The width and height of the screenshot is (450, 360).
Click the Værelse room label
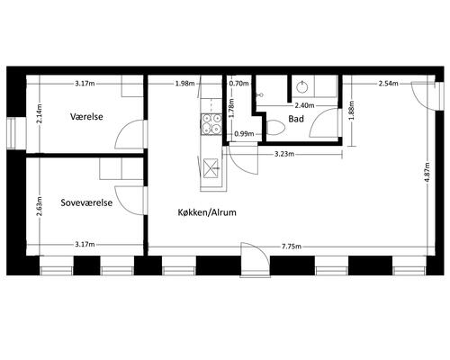86,116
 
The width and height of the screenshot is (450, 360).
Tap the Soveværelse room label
86,202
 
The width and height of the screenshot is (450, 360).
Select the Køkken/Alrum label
207,212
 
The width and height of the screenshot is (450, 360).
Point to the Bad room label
296,119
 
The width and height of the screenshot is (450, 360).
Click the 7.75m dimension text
292,247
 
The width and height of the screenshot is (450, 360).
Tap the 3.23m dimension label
284,154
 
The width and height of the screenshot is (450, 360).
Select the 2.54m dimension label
389,84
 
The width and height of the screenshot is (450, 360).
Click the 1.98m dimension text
184,84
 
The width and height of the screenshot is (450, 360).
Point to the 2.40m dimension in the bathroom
304,105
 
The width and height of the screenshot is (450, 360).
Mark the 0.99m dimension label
244,134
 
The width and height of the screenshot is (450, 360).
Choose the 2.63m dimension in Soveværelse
39,206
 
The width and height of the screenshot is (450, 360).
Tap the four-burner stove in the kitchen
211,123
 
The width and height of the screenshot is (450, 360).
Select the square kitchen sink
211,168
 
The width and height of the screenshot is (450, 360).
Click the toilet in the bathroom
275,128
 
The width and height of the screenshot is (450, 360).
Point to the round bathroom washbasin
301,87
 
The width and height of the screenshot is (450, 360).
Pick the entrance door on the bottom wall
256,258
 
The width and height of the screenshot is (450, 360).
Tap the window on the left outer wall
12,133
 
